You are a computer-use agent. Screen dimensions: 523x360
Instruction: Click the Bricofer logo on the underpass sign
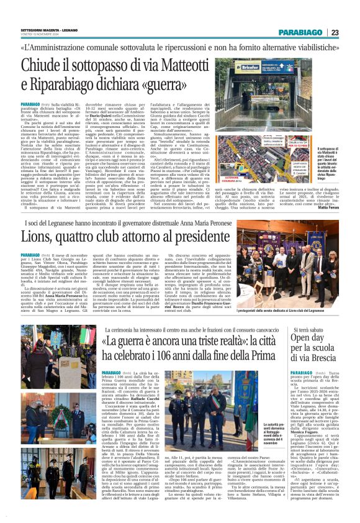(x=248, y=66)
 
